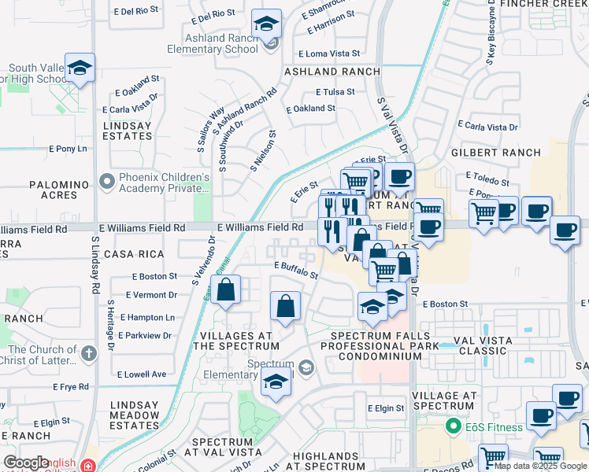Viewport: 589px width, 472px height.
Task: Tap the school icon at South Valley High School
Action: pyautogui.click(x=80, y=68)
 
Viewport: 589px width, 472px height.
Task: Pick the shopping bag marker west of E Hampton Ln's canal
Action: pyautogui.click(x=225, y=289)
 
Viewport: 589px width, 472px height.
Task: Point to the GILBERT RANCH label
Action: pyautogui.click(x=495, y=153)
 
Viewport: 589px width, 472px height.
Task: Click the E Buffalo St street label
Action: pyautogui.click(x=295, y=271)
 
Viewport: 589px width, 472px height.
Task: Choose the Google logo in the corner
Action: pyautogui.click(x=25, y=463)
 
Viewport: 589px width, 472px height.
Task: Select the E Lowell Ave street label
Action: pyautogui.click(x=142, y=374)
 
